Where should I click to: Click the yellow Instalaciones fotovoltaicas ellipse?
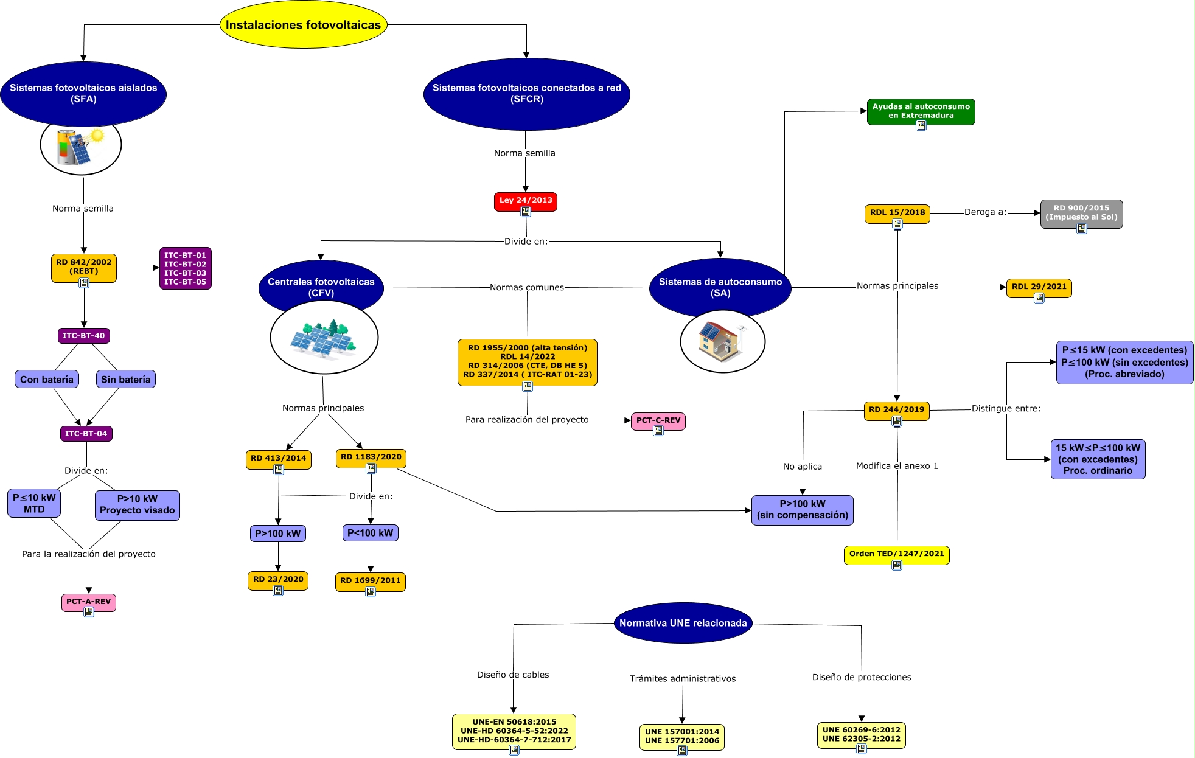click(303, 25)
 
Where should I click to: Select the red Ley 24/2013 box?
click(525, 200)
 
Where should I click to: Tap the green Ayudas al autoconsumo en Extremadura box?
click(921, 111)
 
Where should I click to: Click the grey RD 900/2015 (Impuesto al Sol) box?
click(1081, 213)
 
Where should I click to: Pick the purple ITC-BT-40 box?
click(83, 336)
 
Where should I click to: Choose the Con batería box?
click(47, 380)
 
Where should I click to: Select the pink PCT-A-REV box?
click(88, 602)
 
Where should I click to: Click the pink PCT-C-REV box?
click(658, 420)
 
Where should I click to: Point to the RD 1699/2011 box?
click(370, 580)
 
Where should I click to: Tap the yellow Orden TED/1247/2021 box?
click(896, 554)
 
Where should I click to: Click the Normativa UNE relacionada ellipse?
click(683, 623)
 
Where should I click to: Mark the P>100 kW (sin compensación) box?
click(802, 510)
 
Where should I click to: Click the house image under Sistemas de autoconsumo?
click(722, 341)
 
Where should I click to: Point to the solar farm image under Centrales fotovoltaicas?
click(324, 338)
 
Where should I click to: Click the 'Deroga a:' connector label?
click(985, 212)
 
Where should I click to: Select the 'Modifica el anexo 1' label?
click(897, 466)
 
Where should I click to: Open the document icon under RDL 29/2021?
click(1039, 298)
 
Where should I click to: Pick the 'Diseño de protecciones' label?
click(862, 677)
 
